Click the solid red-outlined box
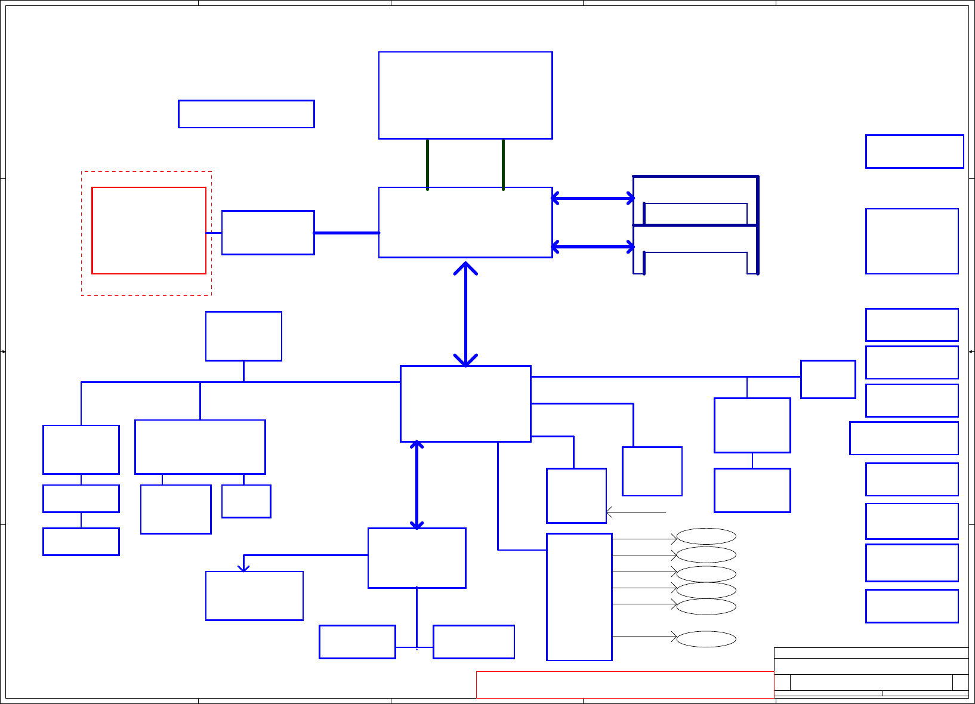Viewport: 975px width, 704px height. [149, 230]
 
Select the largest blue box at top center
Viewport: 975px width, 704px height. [465, 95]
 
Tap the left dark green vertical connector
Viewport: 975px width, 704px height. [428, 164]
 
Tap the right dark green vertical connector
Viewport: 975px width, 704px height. [504, 164]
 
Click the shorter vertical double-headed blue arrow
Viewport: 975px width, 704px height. [416, 484]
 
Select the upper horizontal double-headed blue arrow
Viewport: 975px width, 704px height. [593, 198]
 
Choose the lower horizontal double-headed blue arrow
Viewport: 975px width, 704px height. [593, 246]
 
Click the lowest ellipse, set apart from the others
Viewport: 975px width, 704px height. [706, 639]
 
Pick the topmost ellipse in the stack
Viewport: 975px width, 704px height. [706, 536]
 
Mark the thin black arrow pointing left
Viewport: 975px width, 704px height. [636, 512]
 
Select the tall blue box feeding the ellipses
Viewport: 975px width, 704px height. [579, 597]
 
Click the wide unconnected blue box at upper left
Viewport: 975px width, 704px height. [246, 114]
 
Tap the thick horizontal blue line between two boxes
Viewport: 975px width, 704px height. [347, 233]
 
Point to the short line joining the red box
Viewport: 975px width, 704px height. [214, 233]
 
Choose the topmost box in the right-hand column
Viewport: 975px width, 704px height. [914, 152]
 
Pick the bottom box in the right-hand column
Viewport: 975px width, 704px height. [912, 606]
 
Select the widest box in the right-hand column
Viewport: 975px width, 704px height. [903, 439]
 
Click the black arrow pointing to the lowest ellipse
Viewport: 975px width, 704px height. [644, 637]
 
